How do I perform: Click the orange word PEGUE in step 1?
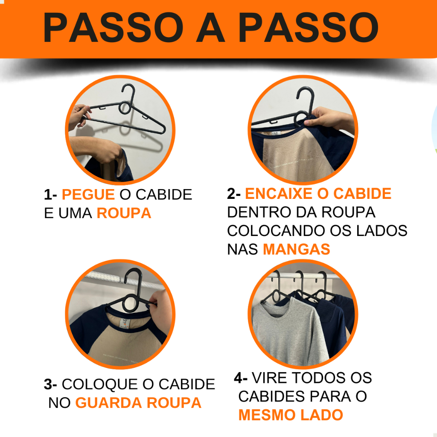pyautogui.click(x=88, y=194)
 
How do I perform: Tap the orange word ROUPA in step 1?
pyautogui.click(x=124, y=213)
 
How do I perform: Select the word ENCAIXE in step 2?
pyautogui.click(x=279, y=193)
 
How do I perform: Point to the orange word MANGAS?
pyautogui.click(x=297, y=249)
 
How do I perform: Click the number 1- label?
pyautogui.click(x=50, y=194)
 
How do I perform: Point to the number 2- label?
pyautogui.click(x=234, y=193)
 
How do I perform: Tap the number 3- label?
pyautogui.click(x=50, y=384)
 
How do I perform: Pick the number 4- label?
pyautogui.click(x=241, y=378)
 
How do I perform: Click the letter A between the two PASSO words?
pyautogui.click(x=210, y=27)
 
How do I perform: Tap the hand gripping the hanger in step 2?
pyautogui.click(x=329, y=119)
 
